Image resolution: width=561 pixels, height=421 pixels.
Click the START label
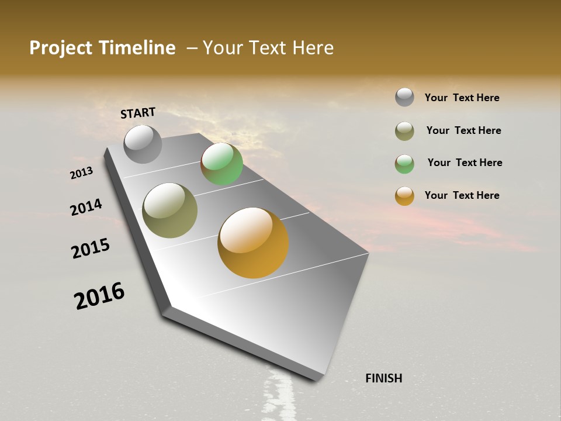[138, 113]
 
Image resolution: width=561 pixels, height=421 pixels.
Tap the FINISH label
[383, 378]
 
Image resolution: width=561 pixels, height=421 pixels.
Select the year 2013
[81, 173]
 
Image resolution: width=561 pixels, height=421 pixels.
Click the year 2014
[86, 208]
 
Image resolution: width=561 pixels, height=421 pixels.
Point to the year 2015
[91, 249]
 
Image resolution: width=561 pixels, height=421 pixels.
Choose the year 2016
[99, 296]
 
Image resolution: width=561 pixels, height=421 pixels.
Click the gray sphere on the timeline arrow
[143, 144]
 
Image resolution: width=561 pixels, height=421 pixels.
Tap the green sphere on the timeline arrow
[221, 164]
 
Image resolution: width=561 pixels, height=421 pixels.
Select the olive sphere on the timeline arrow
[169, 210]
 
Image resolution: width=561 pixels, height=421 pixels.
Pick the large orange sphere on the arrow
[253, 243]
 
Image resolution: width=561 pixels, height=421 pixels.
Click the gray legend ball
[404, 97]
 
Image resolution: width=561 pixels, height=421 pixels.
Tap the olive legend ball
[404, 131]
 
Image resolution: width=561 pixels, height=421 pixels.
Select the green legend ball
[404, 164]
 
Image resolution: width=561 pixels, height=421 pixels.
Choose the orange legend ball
[404, 196]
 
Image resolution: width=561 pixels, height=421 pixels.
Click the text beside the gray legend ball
[462, 98]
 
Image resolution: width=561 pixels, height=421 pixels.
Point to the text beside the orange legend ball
[462, 195]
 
